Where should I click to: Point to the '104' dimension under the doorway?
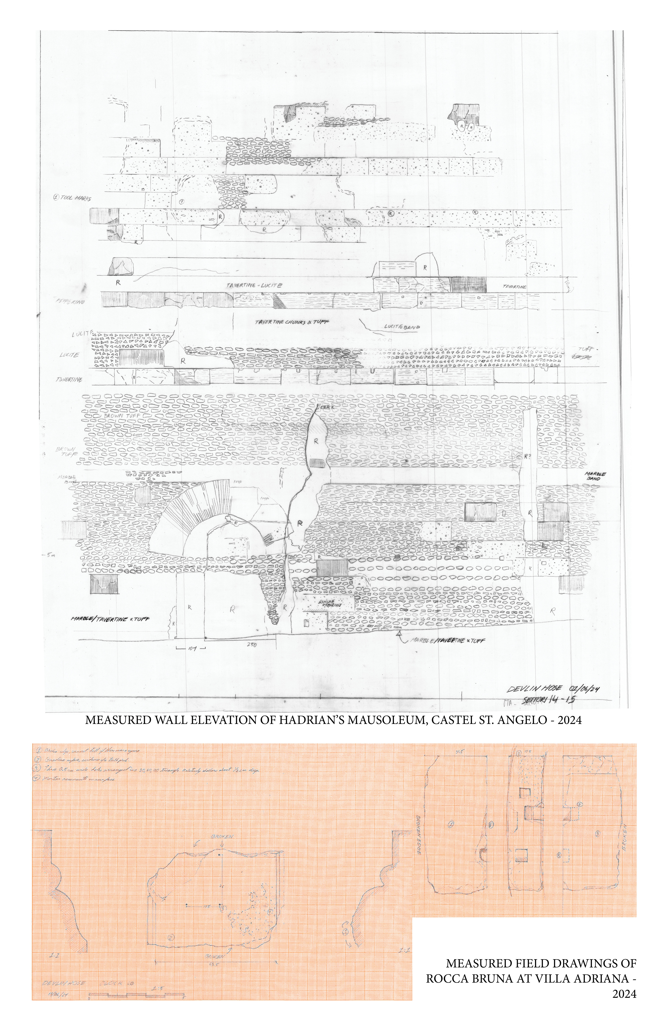191,648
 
